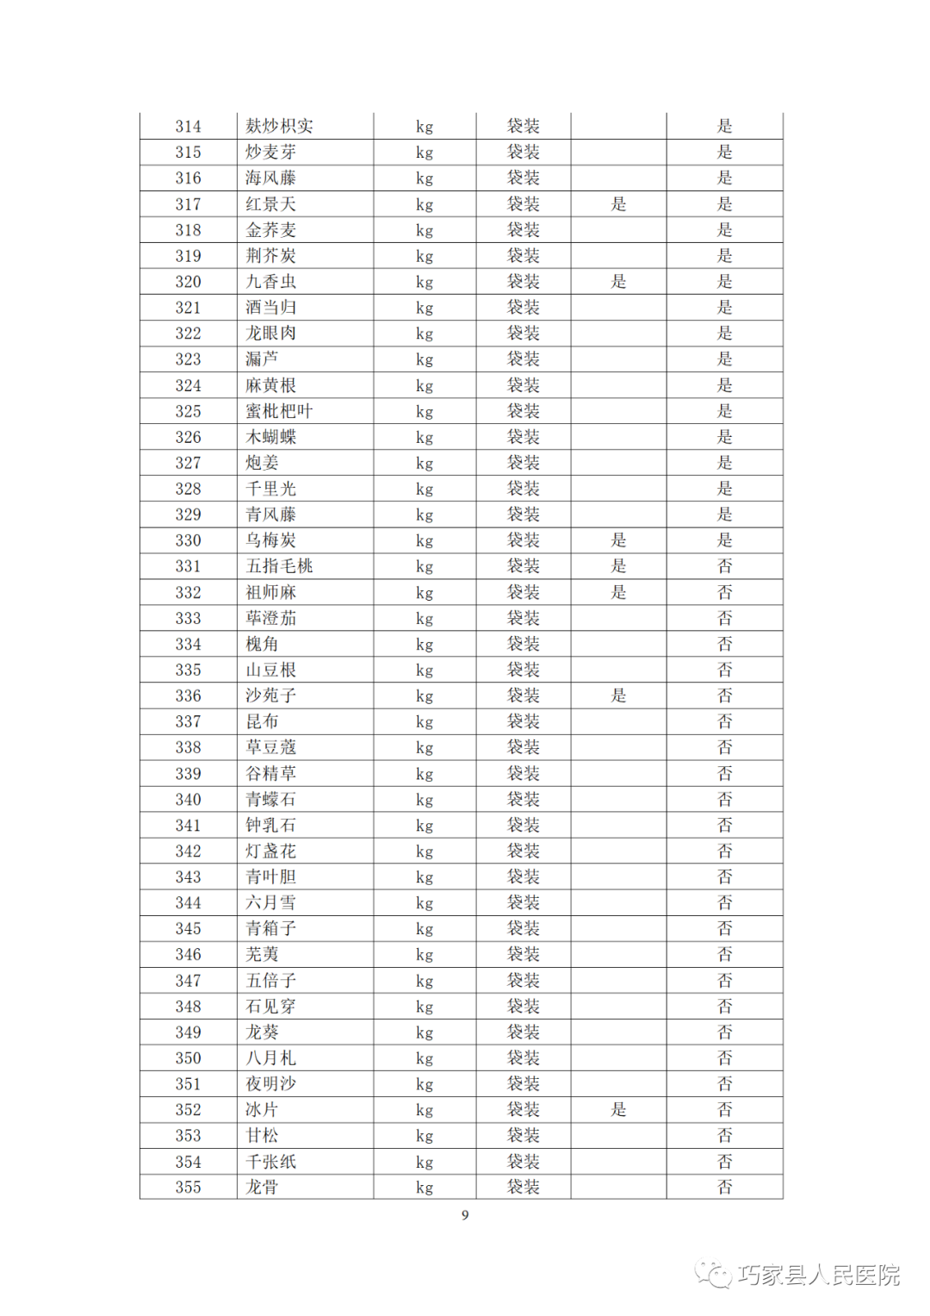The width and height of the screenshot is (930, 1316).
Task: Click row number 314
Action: click(188, 127)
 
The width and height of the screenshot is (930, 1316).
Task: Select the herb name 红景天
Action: click(270, 204)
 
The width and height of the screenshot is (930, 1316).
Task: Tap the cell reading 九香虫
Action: click(270, 282)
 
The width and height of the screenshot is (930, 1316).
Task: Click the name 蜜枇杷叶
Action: click(279, 411)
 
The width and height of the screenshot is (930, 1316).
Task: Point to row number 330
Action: click(188, 540)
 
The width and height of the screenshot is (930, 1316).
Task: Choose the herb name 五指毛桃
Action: click(279, 566)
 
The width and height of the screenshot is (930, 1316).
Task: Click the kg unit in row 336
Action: click(425, 696)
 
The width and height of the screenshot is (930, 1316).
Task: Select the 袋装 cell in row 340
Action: click(523, 800)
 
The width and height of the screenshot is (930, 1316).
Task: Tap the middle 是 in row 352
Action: click(618, 1110)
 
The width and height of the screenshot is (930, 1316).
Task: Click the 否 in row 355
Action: click(725, 1188)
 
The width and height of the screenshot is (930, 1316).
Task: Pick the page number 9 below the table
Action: click(465, 1215)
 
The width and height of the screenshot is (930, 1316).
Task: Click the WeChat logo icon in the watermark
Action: click(713, 1274)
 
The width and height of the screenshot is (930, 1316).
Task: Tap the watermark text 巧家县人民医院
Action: click(818, 1275)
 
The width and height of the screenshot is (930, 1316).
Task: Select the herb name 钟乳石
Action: click(270, 826)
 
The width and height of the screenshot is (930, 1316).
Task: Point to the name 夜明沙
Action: click(270, 1084)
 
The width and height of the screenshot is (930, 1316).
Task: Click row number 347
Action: click(188, 981)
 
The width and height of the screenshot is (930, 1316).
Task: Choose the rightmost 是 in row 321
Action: click(725, 308)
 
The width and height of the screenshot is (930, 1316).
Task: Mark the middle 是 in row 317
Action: click(618, 204)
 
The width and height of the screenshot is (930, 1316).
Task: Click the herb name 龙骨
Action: click(262, 1188)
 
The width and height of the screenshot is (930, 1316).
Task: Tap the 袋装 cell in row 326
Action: click(523, 437)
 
